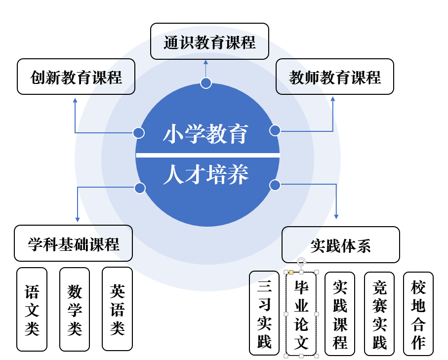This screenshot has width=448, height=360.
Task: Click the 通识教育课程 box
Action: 209,41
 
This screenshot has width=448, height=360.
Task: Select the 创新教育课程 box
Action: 76,77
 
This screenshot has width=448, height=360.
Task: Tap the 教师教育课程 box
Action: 334,77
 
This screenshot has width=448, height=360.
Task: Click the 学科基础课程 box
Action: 74,243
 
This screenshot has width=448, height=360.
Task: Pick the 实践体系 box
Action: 341,244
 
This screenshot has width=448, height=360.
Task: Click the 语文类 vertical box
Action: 32,310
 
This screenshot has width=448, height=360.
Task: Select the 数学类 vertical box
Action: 75,310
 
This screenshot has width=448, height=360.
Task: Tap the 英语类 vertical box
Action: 117,309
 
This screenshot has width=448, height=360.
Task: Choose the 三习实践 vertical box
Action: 264,313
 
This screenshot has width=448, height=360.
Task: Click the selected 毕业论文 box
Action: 301,314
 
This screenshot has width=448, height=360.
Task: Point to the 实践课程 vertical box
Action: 340,314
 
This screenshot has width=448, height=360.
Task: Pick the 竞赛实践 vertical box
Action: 379,314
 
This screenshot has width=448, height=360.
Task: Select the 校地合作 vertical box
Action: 418,314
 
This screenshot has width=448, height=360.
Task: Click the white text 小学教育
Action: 205,134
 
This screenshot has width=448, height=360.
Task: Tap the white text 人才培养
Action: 205,174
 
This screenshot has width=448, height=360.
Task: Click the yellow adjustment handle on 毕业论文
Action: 291,272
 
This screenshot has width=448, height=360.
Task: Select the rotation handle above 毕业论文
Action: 301,261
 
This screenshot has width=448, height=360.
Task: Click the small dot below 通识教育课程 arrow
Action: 205,83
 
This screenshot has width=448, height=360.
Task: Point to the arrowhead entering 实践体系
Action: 336,217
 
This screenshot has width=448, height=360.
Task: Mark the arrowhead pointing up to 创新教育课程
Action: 75,100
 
